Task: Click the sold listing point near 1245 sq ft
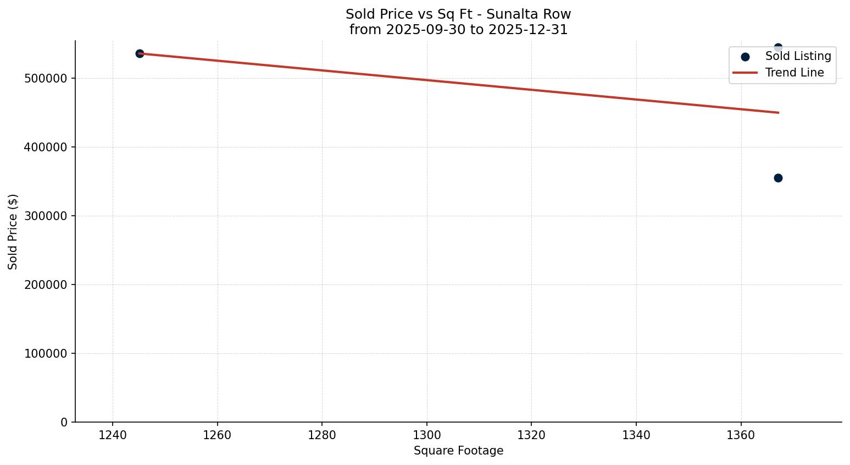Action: (140, 53)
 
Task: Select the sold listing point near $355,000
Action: (778, 178)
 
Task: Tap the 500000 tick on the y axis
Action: (46, 78)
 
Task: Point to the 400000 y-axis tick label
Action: (46, 147)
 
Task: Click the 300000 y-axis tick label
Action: (46, 216)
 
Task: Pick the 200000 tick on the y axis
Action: (46, 285)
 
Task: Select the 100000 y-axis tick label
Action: (46, 353)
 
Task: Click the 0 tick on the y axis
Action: (64, 422)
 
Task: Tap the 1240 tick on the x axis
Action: (113, 435)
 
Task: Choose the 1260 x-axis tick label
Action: (218, 435)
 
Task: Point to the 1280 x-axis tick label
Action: (322, 435)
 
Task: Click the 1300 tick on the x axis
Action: (427, 435)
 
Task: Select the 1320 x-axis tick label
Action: (531, 435)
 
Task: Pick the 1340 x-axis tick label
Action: (636, 435)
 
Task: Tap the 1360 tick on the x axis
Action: (741, 435)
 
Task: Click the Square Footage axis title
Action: (458, 451)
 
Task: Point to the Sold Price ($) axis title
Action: (13, 232)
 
